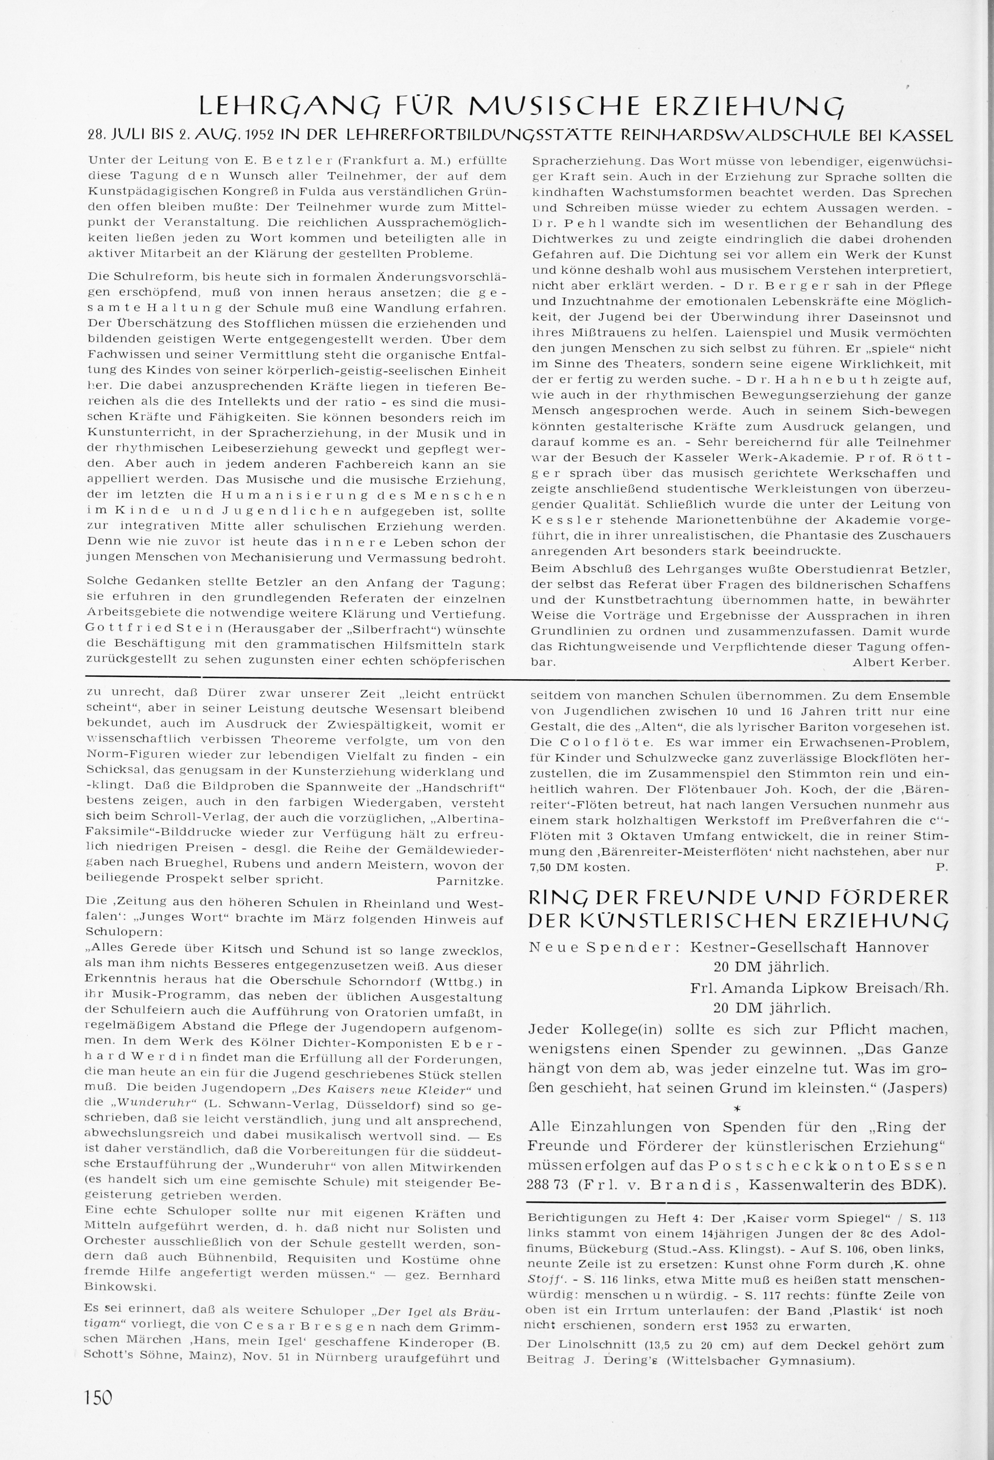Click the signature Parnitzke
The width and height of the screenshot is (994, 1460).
coord(470,881)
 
